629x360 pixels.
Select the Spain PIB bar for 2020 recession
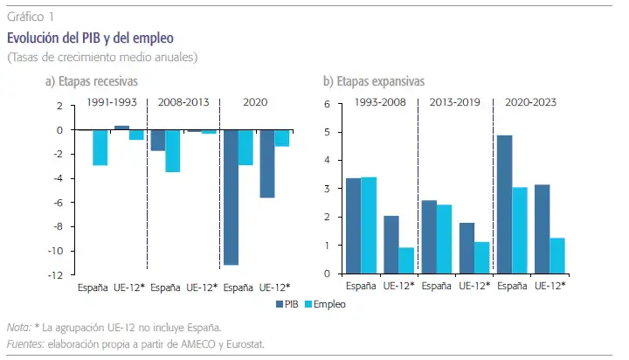(231, 197)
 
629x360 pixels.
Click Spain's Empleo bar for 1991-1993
(100, 147)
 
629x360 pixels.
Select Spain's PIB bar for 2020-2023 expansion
(504, 204)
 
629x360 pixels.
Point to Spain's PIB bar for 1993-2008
(354, 225)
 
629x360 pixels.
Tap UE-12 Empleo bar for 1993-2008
(406, 260)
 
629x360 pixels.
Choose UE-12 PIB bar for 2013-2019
(467, 248)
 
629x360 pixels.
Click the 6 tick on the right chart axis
(327, 104)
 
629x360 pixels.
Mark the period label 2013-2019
(455, 102)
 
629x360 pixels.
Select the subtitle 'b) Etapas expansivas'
(374, 81)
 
